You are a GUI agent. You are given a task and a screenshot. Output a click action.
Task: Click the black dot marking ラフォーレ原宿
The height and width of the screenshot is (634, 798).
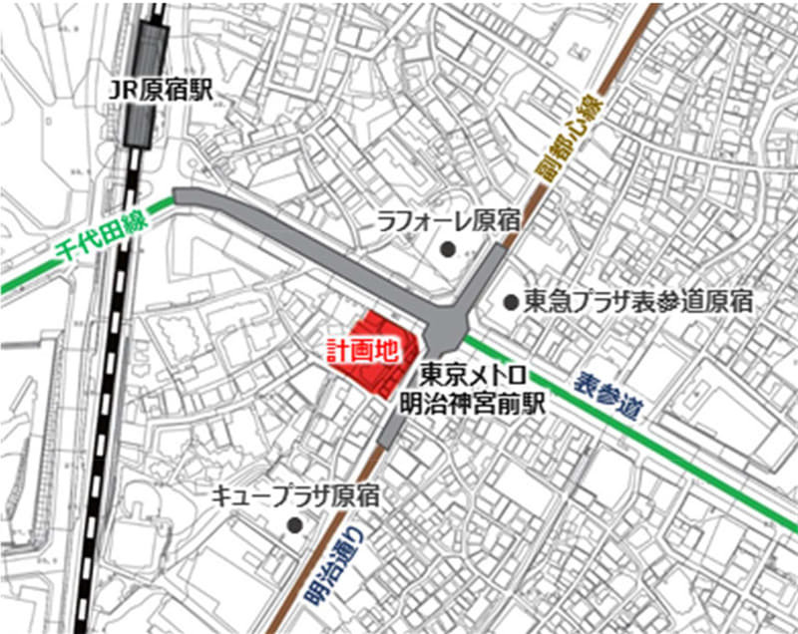[x=449, y=247]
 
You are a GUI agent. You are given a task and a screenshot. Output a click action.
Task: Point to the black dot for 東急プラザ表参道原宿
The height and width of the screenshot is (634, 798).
[x=511, y=300]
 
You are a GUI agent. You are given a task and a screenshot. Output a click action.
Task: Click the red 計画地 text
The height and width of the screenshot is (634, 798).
[x=363, y=350]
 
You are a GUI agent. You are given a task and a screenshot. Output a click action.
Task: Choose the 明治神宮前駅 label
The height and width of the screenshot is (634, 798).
[x=470, y=404]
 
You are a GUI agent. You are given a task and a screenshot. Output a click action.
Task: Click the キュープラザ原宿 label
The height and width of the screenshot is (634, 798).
[x=295, y=495]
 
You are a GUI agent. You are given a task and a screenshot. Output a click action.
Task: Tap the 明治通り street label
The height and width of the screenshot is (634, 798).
[x=332, y=565]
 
